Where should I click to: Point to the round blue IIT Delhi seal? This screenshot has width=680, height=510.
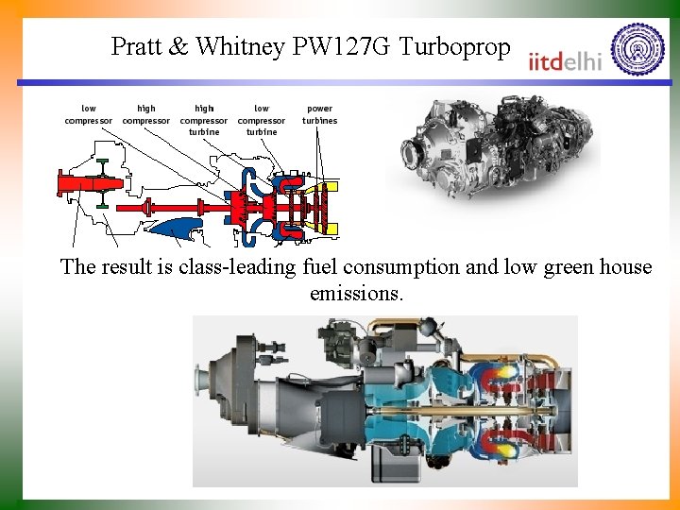click(637, 48)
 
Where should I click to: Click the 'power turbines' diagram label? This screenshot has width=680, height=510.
click(319, 114)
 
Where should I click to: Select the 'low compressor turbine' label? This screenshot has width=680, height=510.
click(262, 120)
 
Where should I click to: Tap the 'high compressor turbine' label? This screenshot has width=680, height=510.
click(204, 120)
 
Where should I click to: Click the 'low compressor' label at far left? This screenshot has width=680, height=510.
click(88, 114)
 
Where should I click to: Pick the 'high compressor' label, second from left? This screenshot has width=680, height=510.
click(146, 114)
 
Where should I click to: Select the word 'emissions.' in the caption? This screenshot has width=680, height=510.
click(356, 294)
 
